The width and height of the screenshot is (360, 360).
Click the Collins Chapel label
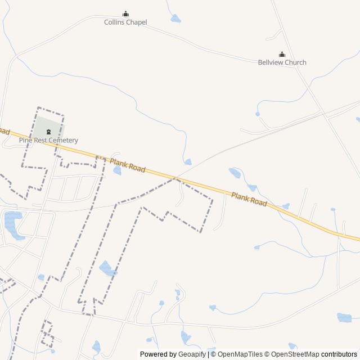125,22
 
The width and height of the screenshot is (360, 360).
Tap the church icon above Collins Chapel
125,14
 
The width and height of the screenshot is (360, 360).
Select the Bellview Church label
282,62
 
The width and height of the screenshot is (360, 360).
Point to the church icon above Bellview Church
282,54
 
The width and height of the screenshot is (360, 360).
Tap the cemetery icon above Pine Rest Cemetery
48,132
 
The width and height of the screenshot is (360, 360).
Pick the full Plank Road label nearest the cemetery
128,165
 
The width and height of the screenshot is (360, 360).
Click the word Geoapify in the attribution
192,354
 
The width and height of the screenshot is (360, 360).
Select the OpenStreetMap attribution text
295,354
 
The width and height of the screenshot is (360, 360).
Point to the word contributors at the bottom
339,354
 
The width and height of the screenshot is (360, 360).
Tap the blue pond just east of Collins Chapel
176,19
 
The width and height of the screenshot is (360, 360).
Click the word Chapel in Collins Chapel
137,22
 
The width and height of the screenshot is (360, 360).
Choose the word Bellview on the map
271,62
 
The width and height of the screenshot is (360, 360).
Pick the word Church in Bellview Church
295,62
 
